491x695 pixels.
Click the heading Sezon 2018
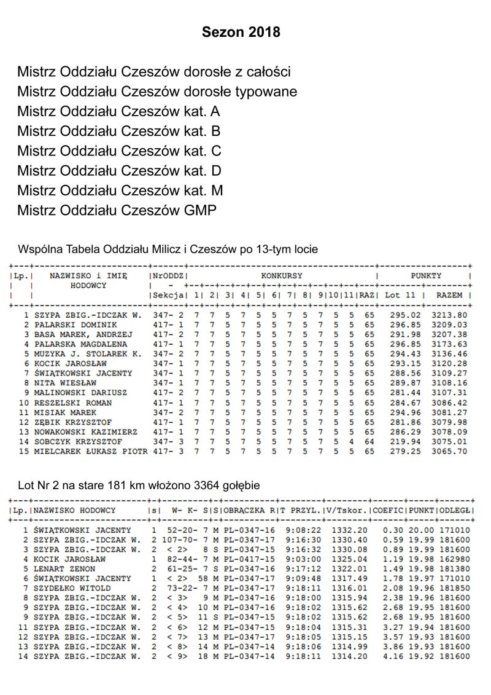tap(241, 33)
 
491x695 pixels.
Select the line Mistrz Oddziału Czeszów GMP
tap(117, 211)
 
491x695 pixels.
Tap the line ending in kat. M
tap(120, 191)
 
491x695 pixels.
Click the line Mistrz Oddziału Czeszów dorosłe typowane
tap(157, 92)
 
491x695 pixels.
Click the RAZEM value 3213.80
tap(451, 315)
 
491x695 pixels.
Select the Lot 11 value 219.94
tap(400, 441)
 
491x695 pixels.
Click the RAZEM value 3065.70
tap(451, 451)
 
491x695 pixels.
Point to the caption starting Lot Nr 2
tap(139, 485)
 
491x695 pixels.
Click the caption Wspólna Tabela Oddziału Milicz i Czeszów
tap(168, 249)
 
